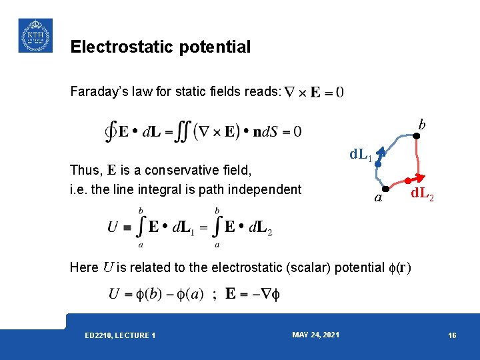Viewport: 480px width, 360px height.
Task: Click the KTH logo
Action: (35, 35)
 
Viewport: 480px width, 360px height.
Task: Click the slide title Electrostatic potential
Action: (160, 47)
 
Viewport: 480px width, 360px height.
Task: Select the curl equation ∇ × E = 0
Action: (314, 92)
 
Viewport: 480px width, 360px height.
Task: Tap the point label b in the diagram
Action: (421, 124)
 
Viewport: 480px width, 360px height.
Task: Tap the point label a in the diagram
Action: (378, 198)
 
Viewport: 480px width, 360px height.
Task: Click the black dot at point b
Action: (415, 136)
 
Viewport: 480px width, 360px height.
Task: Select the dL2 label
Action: (422, 194)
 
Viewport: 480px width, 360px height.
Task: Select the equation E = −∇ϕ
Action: (253, 294)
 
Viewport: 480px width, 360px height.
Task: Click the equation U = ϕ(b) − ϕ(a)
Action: (155, 294)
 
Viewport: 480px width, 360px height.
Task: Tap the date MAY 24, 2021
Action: (315, 335)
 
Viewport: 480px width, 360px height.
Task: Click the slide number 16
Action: (452, 335)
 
